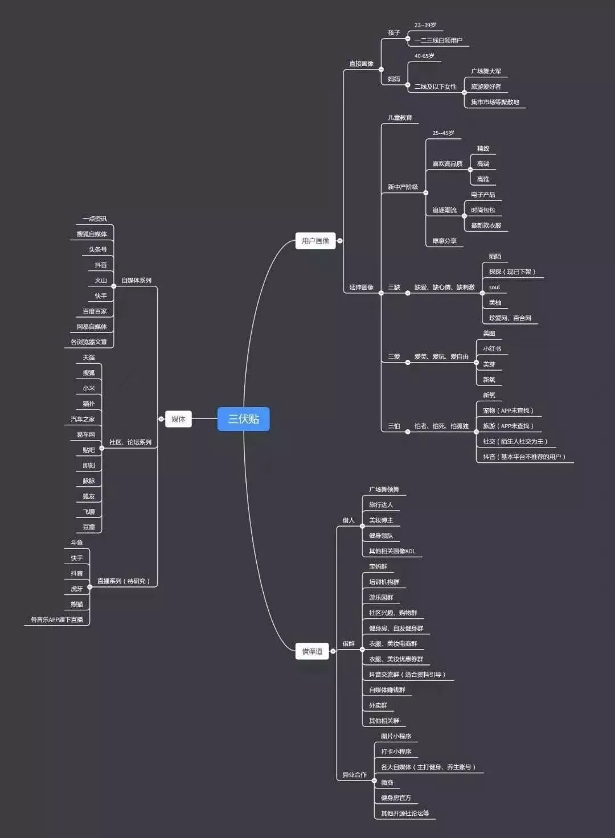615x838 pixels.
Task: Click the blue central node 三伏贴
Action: tap(244, 419)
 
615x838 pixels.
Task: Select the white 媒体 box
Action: tap(178, 419)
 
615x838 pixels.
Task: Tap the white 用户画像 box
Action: tap(315, 241)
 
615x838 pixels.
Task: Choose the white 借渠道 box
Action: tap(312, 651)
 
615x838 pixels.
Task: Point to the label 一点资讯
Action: tap(95, 219)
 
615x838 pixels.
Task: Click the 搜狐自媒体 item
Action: tap(92, 234)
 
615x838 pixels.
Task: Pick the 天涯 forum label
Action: tap(89, 358)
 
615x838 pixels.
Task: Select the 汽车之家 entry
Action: tap(83, 419)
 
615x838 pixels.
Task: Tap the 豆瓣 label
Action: tap(89, 527)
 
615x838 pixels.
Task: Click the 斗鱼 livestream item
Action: tap(77, 543)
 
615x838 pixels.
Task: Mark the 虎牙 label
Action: tap(77, 589)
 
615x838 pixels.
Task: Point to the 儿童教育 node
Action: tap(400, 118)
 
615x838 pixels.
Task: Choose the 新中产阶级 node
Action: tap(403, 187)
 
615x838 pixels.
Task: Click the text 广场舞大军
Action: tap(486, 72)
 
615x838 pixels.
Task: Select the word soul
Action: tap(494, 287)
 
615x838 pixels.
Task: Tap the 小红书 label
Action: tap(492, 349)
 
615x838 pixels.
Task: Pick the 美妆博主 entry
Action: tap(381, 520)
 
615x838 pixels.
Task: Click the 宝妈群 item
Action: tap(378, 566)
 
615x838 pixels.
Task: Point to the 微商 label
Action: tap(387, 783)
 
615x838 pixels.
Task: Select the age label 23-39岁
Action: tap(425, 25)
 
